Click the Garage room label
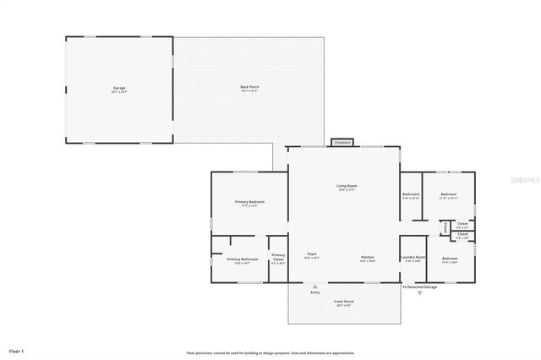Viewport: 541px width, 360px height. [x=120, y=89]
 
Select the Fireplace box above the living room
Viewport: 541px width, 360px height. [x=342, y=143]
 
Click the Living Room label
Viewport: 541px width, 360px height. [x=347, y=187]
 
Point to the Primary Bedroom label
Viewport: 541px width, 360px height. [x=249, y=203]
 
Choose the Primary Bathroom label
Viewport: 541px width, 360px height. [x=242, y=260]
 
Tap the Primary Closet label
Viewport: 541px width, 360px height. [x=278, y=259]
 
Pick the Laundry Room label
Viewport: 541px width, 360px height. [x=413, y=258]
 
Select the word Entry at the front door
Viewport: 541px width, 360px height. [x=315, y=292]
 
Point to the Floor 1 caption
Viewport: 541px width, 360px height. [x=16, y=350]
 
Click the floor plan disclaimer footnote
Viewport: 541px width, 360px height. [x=270, y=353]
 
